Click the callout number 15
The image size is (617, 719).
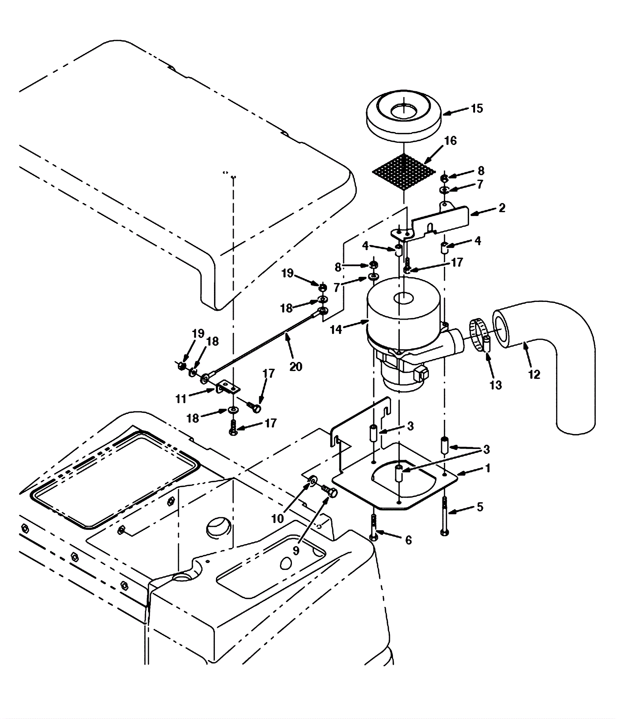pos(477,109)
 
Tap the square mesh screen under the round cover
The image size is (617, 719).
pos(403,171)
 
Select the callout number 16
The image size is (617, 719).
pos(450,141)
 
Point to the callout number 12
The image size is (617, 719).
pos(534,374)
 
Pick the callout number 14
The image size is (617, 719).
pos(336,329)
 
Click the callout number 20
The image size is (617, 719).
pos(296,367)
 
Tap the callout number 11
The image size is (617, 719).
pos(181,399)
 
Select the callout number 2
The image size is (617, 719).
pos(502,208)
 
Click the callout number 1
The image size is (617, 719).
pos(488,468)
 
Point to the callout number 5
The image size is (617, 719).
pos(480,507)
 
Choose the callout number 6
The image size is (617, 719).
pos(408,540)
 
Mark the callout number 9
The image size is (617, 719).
pos(296,551)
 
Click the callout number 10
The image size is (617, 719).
pos(278,519)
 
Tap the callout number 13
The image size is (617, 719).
pos(496,385)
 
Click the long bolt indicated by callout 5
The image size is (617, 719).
pos(444,515)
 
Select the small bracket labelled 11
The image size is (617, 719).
pos(228,387)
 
